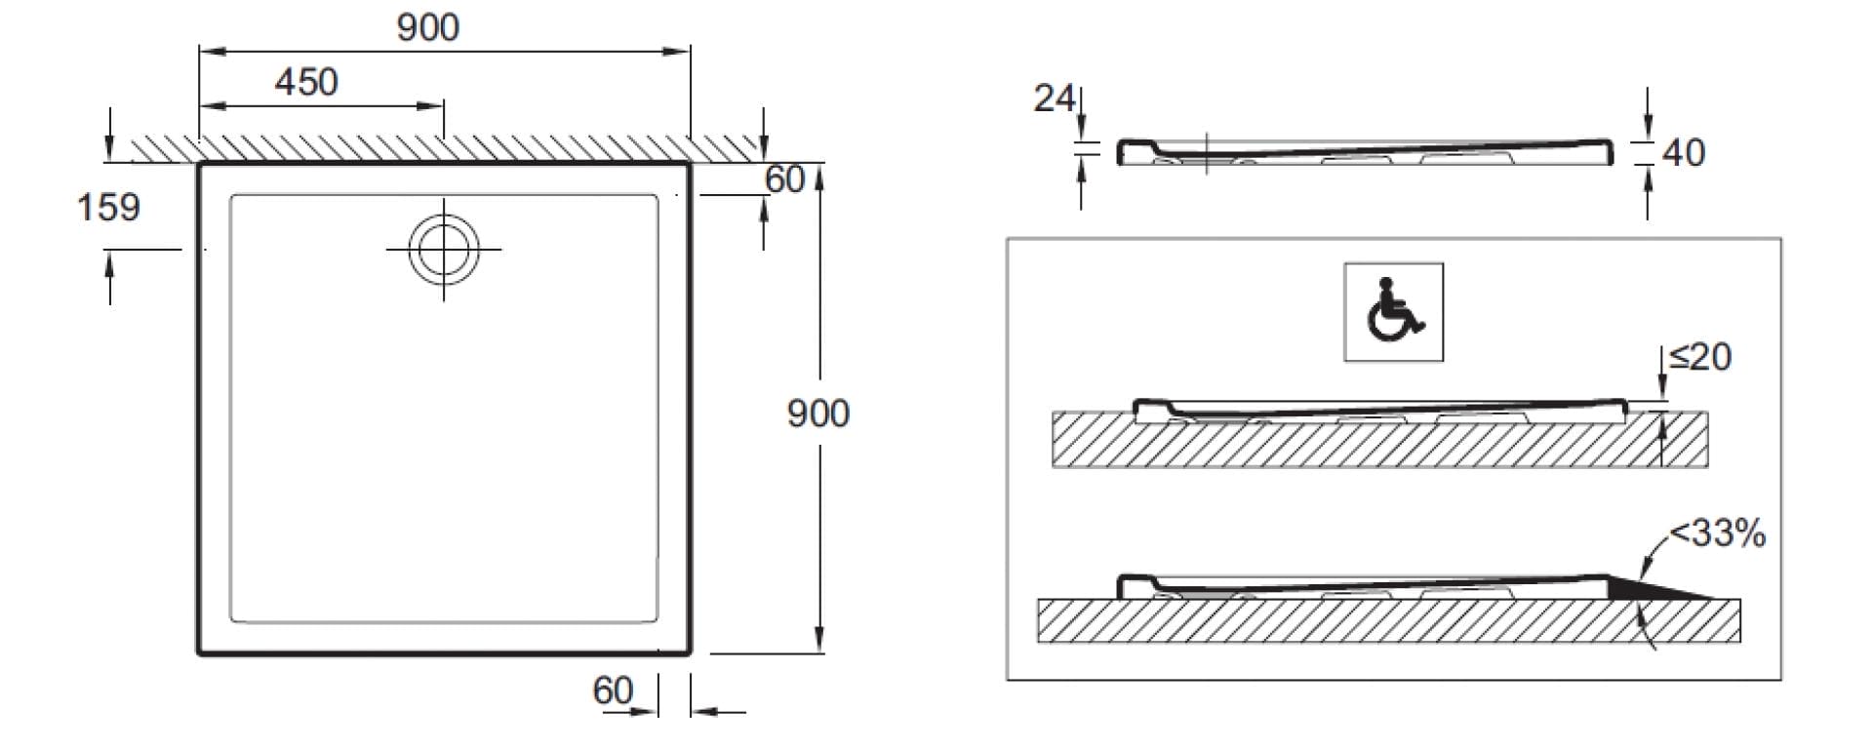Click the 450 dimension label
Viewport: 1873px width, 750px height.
(306, 82)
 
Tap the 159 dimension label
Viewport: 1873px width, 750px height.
(108, 207)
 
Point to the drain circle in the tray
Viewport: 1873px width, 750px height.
(444, 249)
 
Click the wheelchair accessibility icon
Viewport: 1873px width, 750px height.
(1394, 311)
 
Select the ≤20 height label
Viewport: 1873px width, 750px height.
(1700, 357)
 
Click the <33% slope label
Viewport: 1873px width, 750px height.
(1718, 533)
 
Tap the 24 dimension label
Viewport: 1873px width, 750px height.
(1055, 98)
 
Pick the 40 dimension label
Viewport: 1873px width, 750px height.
(1684, 153)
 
